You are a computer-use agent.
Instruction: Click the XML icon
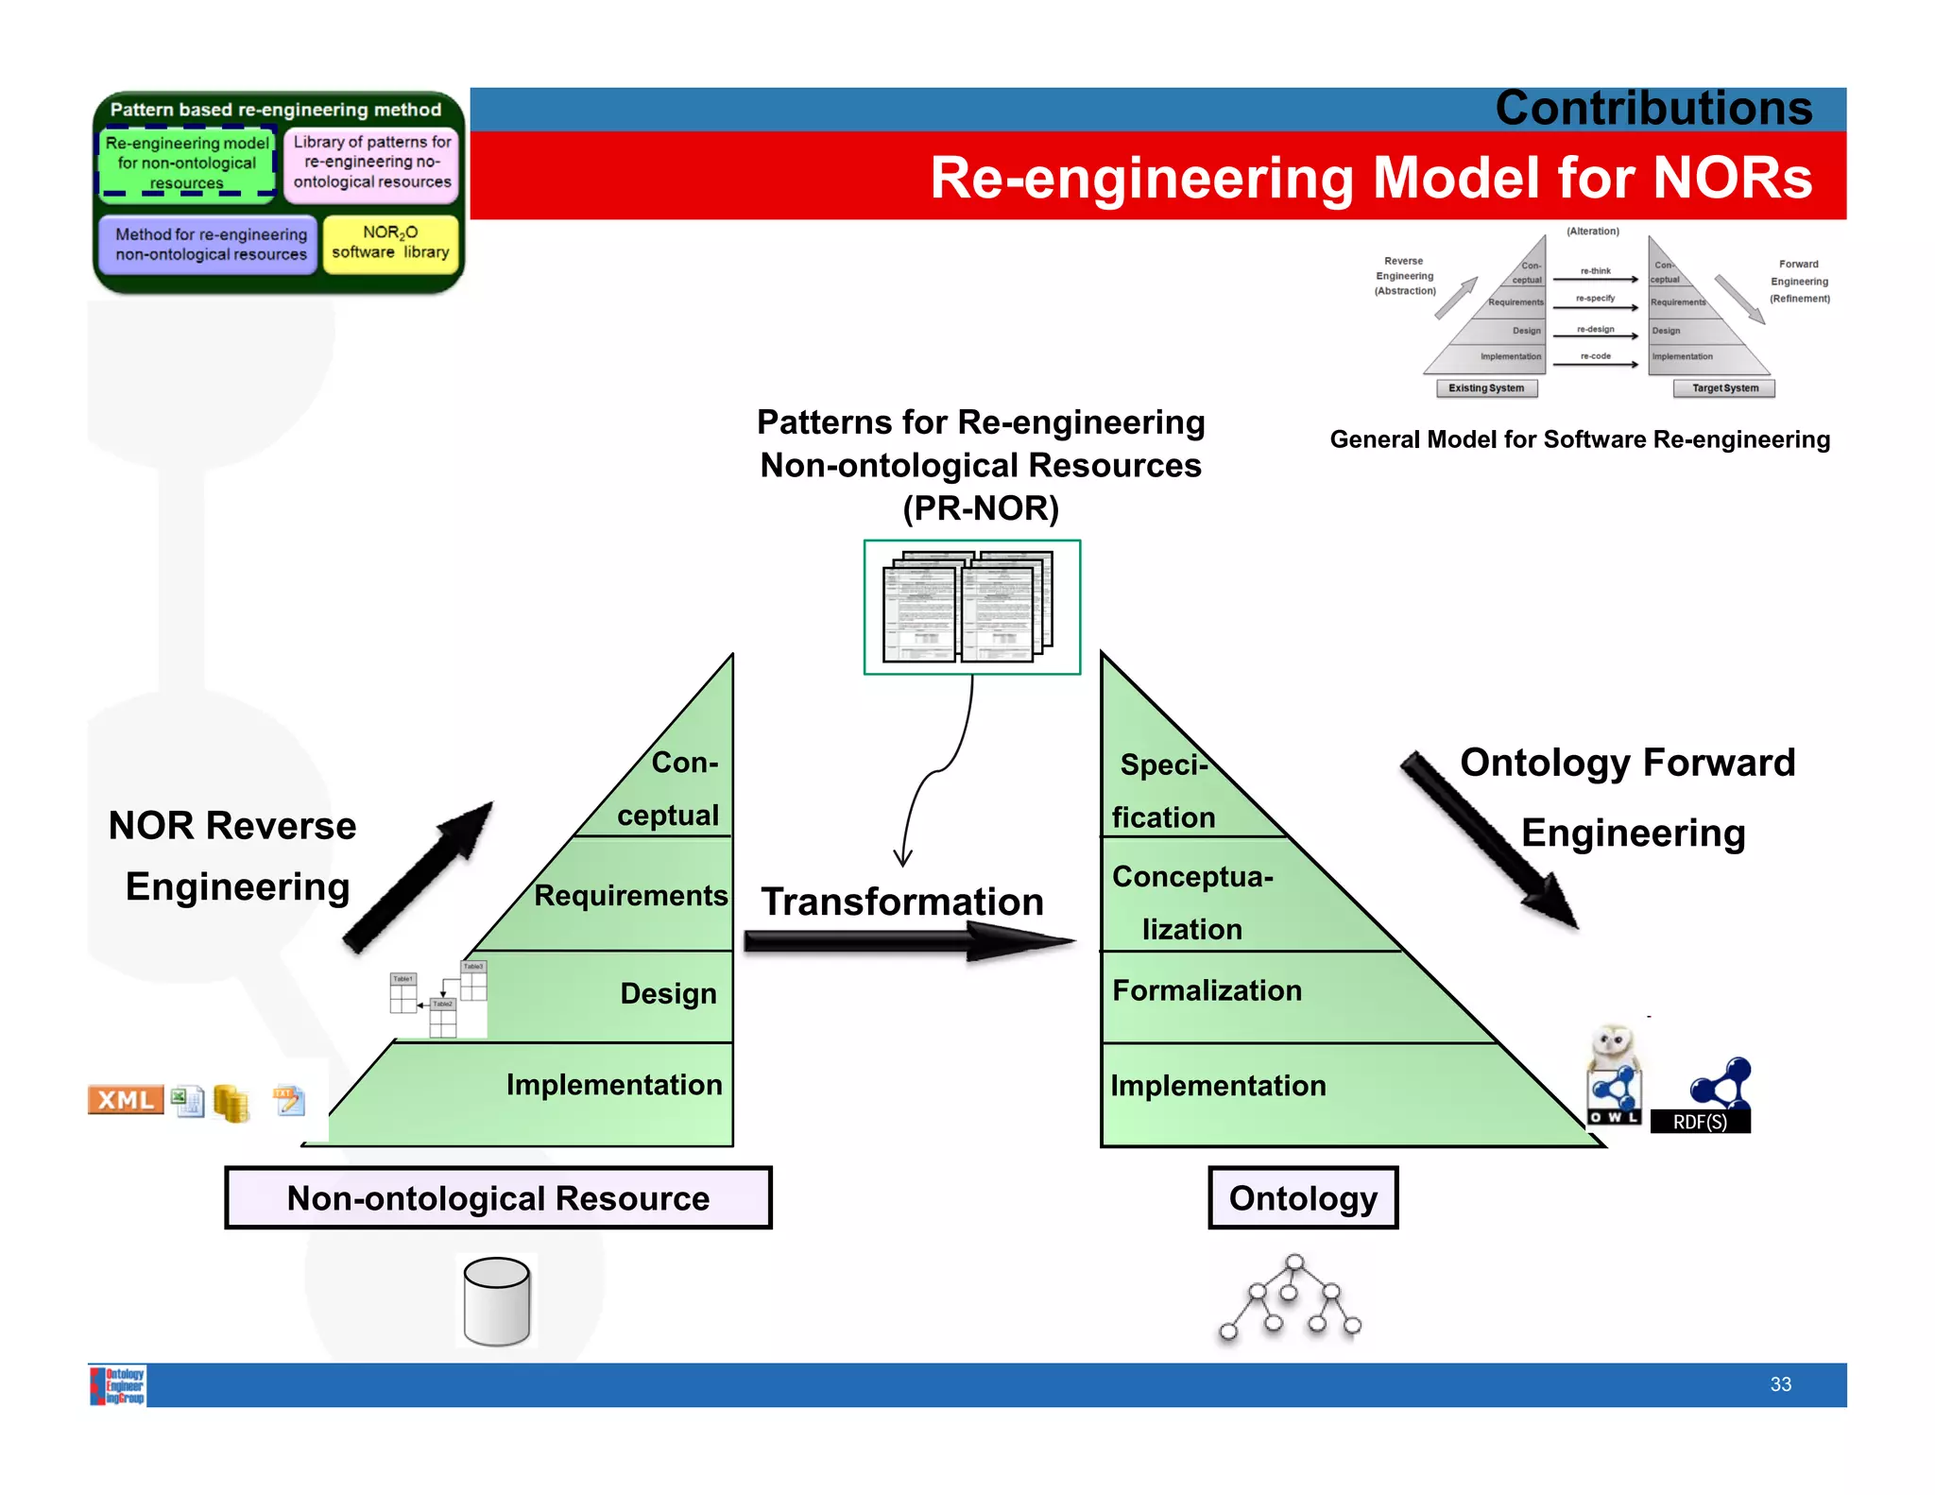pyautogui.click(x=125, y=1100)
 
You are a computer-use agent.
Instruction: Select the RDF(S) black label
pyautogui.click(x=1700, y=1122)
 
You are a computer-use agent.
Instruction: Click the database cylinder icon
pyautogui.click(x=497, y=1301)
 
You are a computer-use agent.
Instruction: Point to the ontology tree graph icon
pyautogui.click(x=1291, y=1298)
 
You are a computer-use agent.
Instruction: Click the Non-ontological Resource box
pyautogui.click(x=498, y=1198)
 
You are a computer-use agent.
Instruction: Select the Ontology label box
pyautogui.click(x=1303, y=1198)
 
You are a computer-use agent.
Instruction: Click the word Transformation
pyautogui.click(x=902, y=902)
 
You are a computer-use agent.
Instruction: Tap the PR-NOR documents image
pyautogui.click(x=971, y=608)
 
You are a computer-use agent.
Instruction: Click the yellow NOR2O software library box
pyautogui.click(x=390, y=243)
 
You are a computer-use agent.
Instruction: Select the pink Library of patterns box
pyautogui.click(x=371, y=163)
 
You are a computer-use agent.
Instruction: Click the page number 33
pyautogui.click(x=1780, y=1384)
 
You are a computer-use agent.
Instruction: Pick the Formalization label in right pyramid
pyautogui.click(x=1207, y=990)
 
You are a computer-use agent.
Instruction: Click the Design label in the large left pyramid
pyautogui.click(x=668, y=993)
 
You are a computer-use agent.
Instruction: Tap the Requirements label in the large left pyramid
pyautogui.click(x=630, y=895)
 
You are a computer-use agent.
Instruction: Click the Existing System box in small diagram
pyautogui.click(x=1486, y=388)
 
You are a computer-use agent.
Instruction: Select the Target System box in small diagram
pyautogui.click(x=1724, y=388)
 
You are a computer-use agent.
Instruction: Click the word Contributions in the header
pyautogui.click(x=1653, y=109)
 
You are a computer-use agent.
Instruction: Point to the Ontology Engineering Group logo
pyautogui.click(x=118, y=1385)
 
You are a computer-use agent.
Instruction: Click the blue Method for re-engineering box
pyautogui.click(x=210, y=244)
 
